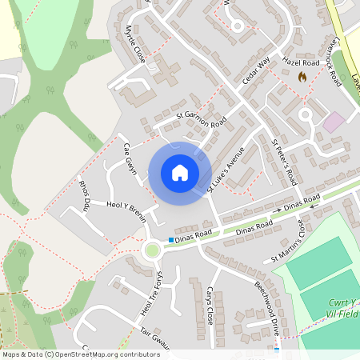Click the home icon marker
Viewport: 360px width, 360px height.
[x=180, y=173]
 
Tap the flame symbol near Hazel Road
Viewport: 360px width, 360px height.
[x=302, y=77]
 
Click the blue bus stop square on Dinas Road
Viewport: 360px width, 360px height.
[x=171, y=239]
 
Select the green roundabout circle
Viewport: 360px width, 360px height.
[x=151, y=250]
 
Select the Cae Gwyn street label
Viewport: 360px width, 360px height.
[x=130, y=160]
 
